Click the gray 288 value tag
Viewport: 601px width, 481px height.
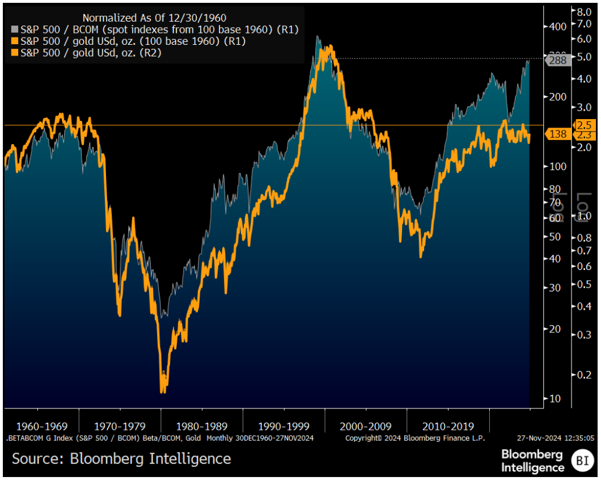pos(558,60)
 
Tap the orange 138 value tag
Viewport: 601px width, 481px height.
pos(558,134)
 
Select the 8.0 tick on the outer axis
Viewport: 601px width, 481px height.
pos(584,11)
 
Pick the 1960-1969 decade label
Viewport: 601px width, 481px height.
pos(42,426)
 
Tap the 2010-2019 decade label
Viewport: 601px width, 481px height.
pos(448,426)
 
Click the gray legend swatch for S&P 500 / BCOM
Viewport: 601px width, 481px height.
pos(14,29)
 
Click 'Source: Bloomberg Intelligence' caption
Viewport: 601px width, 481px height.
pos(121,458)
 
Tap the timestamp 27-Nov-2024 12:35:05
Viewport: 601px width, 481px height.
pos(555,438)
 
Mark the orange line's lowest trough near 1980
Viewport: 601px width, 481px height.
pos(163,390)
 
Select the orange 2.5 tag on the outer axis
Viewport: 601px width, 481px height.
pos(584,125)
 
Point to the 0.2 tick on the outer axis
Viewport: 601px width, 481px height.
pos(584,374)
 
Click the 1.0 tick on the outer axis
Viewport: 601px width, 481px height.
pos(584,216)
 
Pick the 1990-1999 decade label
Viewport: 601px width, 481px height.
pos(283,426)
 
